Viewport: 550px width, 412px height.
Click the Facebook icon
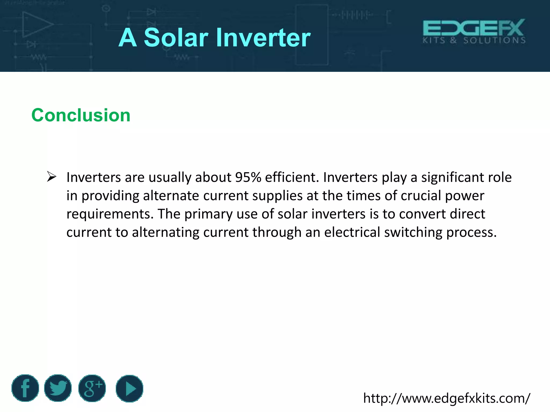[x=25, y=388]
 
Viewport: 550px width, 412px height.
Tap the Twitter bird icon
[x=58, y=388]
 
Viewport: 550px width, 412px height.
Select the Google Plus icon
[x=92, y=388]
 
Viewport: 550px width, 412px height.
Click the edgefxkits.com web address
[x=447, y=398]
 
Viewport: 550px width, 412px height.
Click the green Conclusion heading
[x=81, y=115]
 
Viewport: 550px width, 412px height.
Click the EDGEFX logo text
[x=474, y=28]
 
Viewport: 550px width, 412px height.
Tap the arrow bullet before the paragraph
[x=51, y=177]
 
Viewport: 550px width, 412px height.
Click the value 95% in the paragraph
[x=248, y=177]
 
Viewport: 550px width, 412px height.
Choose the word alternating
[x=165, y=232]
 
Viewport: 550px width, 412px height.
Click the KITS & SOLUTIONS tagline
[x=474, y=41]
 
